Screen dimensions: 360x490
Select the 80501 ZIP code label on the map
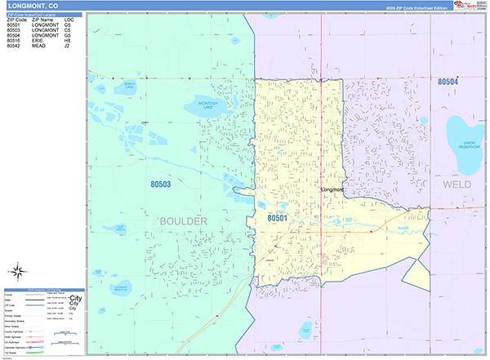(x=278, y=218)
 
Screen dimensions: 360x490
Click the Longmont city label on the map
(x=332, y=190)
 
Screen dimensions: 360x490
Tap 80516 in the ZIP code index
(x=14, y=42)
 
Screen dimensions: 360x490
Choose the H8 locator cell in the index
(x=68, y=42)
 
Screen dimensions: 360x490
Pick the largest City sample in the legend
(x=76, y=298)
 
